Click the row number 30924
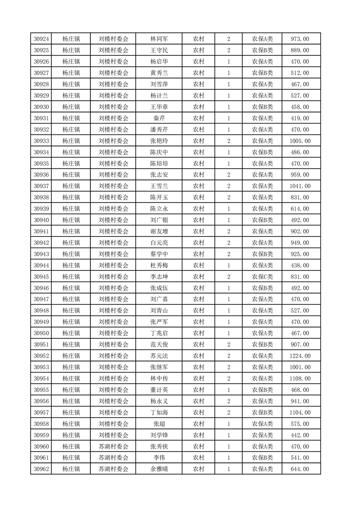click(x=41, y=39)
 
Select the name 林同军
click(x=159, y=39)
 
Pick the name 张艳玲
click(x=159, y=141)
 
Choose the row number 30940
click(x=41, y=220)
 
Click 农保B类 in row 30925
click(x=262, y=50)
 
